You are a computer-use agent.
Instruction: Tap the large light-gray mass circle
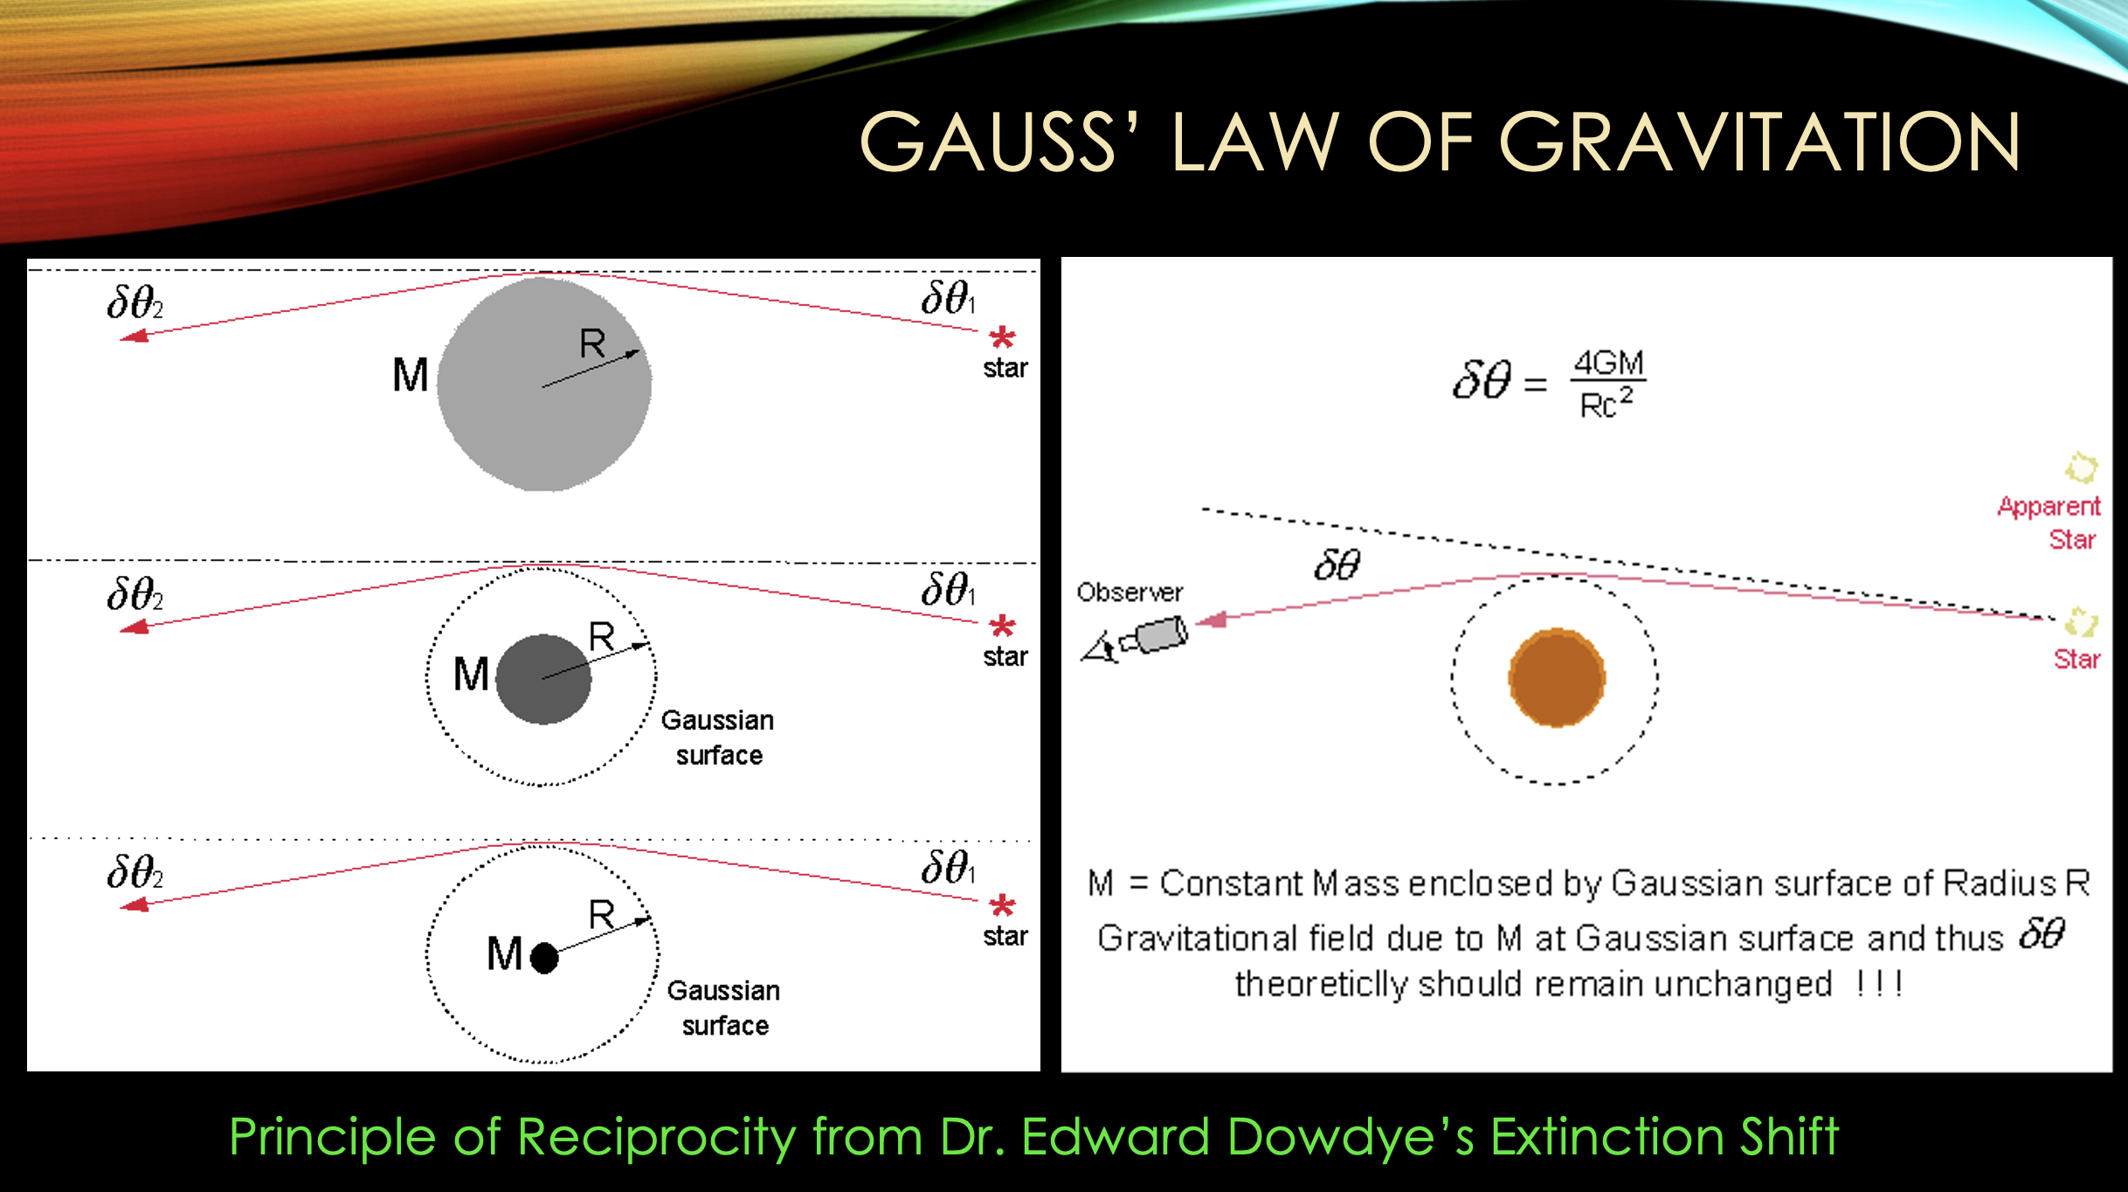pos(544,384)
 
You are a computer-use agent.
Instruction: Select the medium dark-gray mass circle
pos(543,679)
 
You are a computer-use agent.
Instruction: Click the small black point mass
pos(544,958)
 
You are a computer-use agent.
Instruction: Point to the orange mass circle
pos(1557,677)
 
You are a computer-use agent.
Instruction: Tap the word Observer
pos(1130,593)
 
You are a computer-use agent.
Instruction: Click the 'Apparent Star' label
pos(2049,523)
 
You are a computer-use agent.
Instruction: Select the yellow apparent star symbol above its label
pos(2081,468)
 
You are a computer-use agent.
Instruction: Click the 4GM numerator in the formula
pos(1608,363)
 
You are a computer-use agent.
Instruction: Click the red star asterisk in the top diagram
pos(1002,337)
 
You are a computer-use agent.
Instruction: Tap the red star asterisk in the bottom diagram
pos(1002,905)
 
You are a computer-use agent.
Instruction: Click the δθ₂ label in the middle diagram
pos(135,594)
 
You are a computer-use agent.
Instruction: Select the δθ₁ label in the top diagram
pos(948,298)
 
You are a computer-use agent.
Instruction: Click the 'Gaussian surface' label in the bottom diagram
pos(724,1008)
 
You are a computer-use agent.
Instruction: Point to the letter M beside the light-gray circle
pos(411,376)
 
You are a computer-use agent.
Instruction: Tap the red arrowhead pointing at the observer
pos(1211,620)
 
